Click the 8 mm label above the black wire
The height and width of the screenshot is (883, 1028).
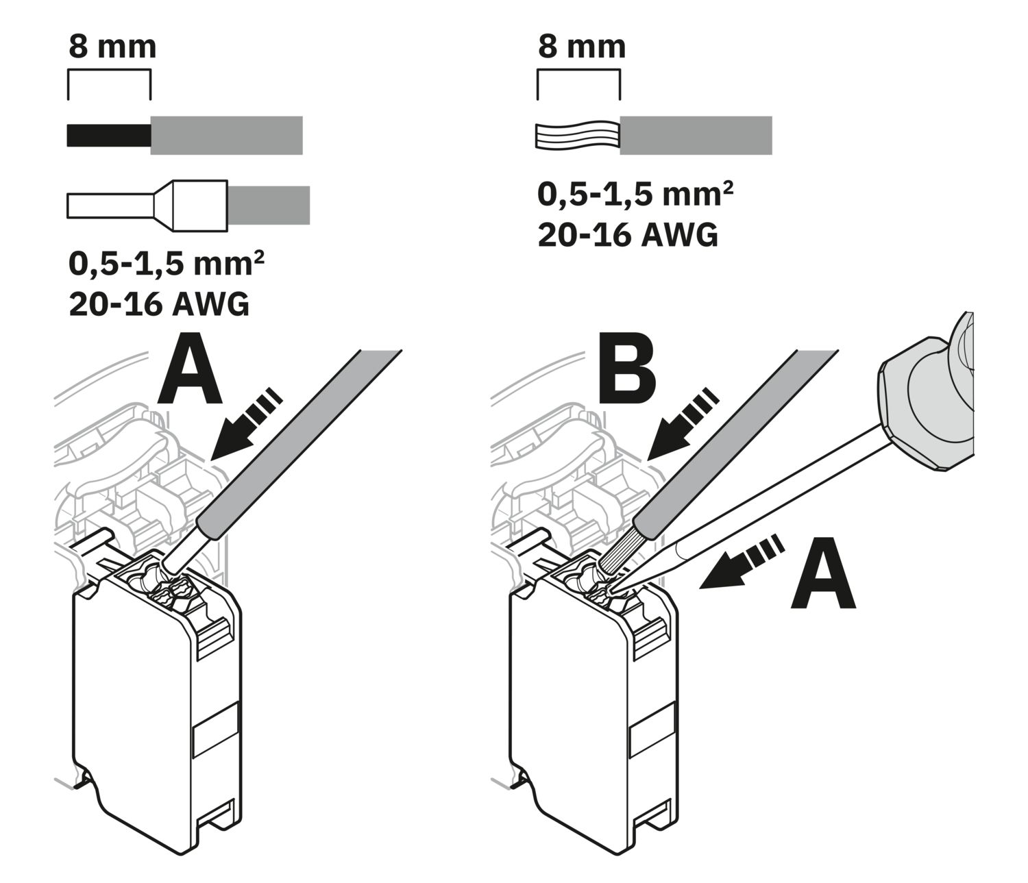pyautogui.click(x=112, y=47)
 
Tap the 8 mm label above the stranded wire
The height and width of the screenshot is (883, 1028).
pyautogui.click(x=582, y=47)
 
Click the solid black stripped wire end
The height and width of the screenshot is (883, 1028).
pyautogui.click(x=108, y=135)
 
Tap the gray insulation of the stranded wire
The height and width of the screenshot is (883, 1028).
pyautogui.click(x=696, y=136)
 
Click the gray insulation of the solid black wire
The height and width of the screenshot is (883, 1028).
pyautogui.click(x=226, y=135)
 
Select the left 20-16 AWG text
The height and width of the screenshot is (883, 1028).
pyautogui.click(x=159, y=304)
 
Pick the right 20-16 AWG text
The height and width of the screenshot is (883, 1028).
pyautogui.click(x=628, y=235)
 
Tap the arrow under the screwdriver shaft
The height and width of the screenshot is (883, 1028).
pyautogui.click(x=740, y=560)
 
